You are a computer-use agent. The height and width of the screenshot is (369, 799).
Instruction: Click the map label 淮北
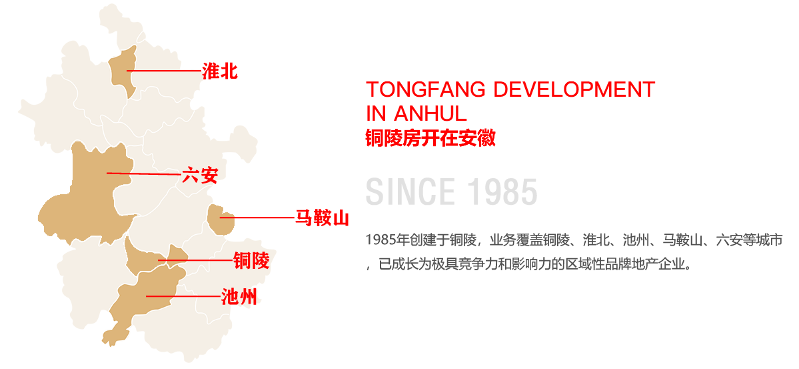[220, 71]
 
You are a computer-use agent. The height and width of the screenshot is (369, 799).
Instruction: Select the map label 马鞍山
[322, 218]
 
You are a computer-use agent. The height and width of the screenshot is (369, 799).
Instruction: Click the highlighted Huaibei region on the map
[123, 72]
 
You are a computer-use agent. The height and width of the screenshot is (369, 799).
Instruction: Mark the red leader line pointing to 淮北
[164, 71]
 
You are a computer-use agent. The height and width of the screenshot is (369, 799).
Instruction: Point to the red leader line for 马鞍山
[257, 218]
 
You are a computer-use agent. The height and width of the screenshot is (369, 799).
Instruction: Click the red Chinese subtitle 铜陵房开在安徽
[430, 138]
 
